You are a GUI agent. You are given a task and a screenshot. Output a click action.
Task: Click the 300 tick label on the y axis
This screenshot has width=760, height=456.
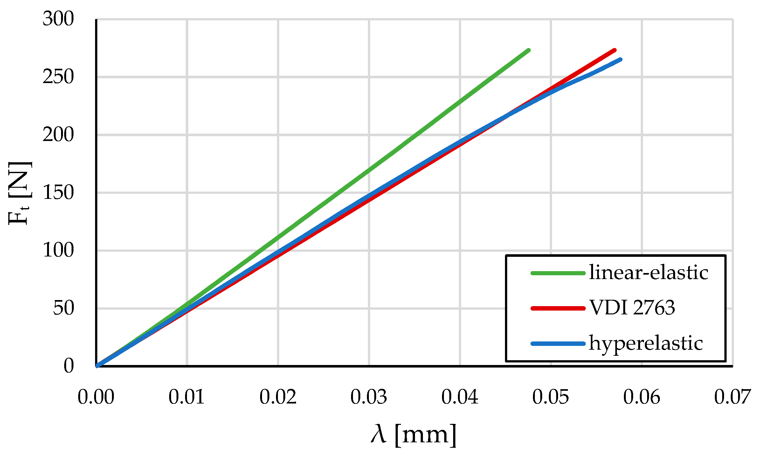tap(58, 19)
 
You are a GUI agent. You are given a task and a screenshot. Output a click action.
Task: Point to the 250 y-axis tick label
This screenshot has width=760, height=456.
tap(58, 77)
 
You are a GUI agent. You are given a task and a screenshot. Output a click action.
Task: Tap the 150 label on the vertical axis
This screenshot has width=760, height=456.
tap(58, 193)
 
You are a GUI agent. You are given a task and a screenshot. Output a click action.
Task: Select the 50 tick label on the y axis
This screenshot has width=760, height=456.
tap(63, 308)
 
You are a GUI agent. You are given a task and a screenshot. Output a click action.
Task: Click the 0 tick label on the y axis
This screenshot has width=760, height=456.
tap(69, 366)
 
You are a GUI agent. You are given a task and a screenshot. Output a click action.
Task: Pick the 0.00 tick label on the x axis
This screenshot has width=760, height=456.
tap(96, 397)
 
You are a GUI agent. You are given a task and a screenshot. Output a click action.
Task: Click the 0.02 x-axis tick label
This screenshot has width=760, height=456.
tap(278, 397)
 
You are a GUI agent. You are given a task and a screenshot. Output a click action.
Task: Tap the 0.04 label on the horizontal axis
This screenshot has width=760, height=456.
tap(460, 397)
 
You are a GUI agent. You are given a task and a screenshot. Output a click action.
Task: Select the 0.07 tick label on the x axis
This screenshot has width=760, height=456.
tap(732, 397)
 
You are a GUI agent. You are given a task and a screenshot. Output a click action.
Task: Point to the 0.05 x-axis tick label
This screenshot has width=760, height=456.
tap(551, 397)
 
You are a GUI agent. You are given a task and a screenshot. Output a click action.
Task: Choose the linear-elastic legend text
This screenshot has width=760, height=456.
tap(649, 273)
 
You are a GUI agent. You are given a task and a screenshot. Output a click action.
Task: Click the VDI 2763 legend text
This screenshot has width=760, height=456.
tap(632, 308)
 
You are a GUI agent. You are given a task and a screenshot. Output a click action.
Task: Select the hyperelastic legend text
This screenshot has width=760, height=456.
tap(646, 343)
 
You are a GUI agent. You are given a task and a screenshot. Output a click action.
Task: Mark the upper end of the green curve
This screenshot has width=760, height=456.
tap(529, 50)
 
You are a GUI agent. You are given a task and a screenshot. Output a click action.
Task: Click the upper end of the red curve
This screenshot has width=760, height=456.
tap(615, 50)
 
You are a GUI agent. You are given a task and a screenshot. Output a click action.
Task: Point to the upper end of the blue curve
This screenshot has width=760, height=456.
tap(620, 60)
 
